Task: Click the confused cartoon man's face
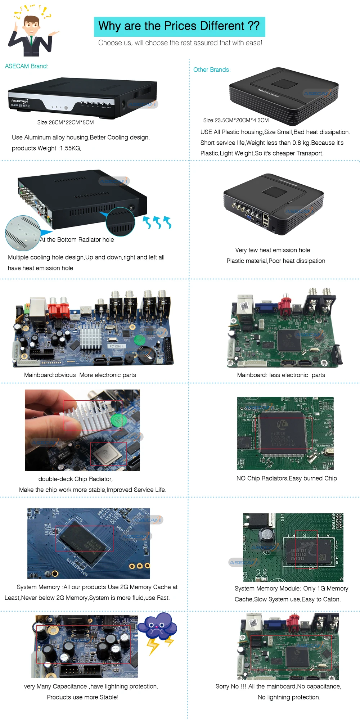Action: pos(32,26)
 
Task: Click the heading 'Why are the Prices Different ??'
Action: pos(179,26)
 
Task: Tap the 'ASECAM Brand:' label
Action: pos(27,66)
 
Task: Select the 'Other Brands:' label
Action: pos(212,70)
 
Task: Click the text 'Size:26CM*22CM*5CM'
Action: pos(66,122)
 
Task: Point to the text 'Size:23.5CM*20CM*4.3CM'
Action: pos(236,120)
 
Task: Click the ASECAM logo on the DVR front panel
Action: pos(19,101)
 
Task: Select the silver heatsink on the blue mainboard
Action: pos(90,338)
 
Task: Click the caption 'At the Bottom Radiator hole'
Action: pos(77,240)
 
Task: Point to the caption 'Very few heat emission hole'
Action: pos(273,250)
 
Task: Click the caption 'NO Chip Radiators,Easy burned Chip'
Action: pos(287,478)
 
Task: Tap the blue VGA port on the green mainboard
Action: pos(266,306)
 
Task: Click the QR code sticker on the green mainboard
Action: pos(244,306)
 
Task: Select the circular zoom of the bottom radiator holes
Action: pos(23,233)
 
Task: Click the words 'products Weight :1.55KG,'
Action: pos(46,148)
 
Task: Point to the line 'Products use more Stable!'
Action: pos(82,697)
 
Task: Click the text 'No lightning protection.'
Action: pos(289,697)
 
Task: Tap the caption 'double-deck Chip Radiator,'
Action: pos(76,479)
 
